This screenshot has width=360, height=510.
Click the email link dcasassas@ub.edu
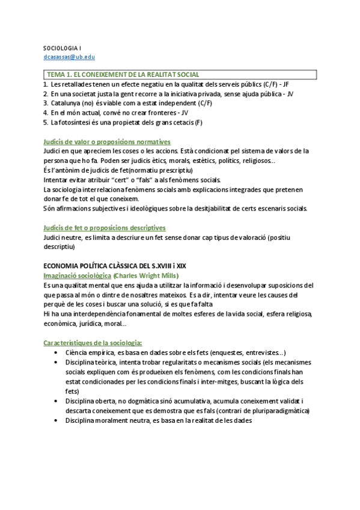69,57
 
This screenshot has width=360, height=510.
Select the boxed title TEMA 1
123,74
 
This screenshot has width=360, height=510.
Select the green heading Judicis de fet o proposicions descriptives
105,228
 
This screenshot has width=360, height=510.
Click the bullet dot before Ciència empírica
56,352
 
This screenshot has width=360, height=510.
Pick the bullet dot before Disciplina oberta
56,401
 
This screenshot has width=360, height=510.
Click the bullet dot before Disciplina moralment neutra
56,420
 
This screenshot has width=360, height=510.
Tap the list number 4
45,112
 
